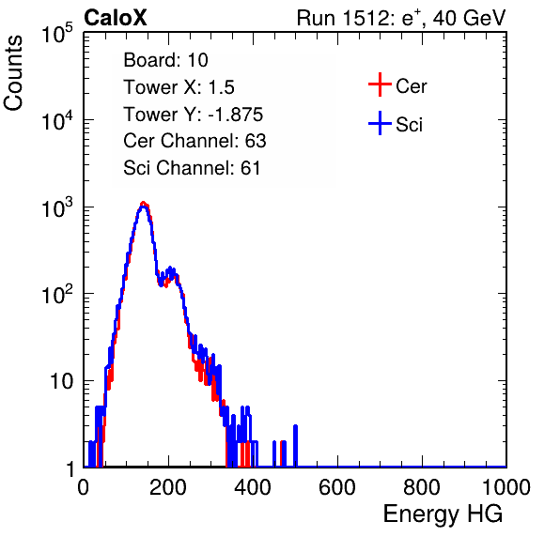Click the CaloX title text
(x=116, y=18)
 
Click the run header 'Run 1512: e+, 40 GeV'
(x=401, y=18)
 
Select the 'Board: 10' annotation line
(x=165, y=60)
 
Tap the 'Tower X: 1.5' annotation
(x=179, y=87)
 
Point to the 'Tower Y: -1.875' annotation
(x=194, y=115)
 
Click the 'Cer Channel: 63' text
(x=194, y=141)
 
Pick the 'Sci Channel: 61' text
(x=192, y=168)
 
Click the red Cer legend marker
(x=380, y=84)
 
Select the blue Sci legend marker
(x=380, y=124)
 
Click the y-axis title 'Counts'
(x=13, y=72)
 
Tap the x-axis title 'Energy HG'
(x=443, y=514)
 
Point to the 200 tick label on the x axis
(x=168, y=487)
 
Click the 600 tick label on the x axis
(x=337, y=487)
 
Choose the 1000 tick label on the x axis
(x=506, y=487)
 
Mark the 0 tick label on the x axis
(x=84, y=487)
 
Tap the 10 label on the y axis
(x=62, y=381)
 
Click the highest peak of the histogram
(x=143, y=204)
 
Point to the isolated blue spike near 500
(x=295, y=446)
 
